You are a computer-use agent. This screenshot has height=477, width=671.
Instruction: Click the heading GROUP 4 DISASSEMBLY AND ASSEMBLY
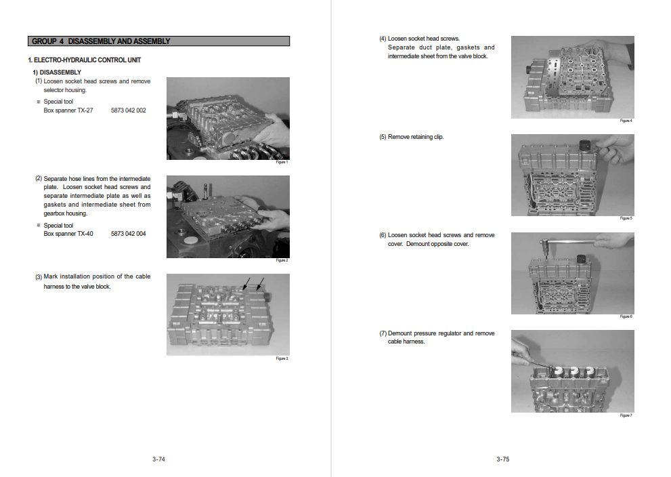(101, 41)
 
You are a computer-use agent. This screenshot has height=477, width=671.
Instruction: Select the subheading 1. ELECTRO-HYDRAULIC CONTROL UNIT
(85, 60)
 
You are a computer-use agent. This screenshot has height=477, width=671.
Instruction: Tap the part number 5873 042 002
(128, 110)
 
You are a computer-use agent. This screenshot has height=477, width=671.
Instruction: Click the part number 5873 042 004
(128, 234)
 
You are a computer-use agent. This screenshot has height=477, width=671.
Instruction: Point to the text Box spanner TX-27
(68, 110)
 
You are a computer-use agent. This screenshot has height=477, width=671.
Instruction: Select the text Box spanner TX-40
(68, 234)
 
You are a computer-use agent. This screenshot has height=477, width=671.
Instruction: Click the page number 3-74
(159, 459)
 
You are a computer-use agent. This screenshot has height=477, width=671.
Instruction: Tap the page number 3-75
(502, 459)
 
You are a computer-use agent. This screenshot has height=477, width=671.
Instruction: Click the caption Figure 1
(282, 163)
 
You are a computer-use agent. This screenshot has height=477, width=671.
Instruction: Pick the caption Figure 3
(282, 358)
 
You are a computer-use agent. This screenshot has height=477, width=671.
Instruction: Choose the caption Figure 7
(626, 415)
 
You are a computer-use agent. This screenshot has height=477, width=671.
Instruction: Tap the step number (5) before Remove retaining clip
(383, 137)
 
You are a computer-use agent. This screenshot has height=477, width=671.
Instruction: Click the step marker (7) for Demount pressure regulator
(383, 333)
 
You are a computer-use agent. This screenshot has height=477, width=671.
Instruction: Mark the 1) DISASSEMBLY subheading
(58, 72)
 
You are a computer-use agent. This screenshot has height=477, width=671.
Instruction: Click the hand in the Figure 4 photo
(613, 51)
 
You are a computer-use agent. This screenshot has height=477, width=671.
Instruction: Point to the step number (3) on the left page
(39, 277)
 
